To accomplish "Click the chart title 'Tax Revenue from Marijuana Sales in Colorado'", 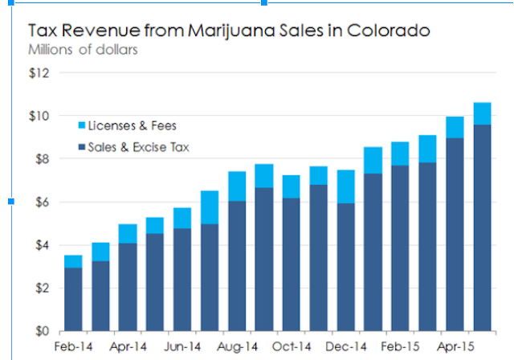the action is [229, 31].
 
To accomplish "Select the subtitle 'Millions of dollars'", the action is [83, 50].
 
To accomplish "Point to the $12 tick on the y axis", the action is [39, 73].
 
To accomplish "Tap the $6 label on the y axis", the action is [43, 202].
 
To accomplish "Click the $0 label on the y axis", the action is [43, 331].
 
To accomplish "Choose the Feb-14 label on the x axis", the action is [73, 346].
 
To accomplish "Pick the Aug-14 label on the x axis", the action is [238, 346].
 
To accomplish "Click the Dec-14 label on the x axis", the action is [346, 346].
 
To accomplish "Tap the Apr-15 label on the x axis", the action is [455, 346].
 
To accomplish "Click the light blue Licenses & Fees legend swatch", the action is [82, 125].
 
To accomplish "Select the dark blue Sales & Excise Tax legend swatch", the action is [82, 146].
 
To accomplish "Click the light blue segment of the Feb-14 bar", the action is [73, 262].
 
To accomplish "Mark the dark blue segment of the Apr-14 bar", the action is [128, 287].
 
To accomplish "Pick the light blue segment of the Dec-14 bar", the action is [346, 186].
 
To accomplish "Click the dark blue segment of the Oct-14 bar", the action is [291, 264].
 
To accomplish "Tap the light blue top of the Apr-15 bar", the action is [455, 127].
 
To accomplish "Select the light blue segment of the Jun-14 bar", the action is [182, 218].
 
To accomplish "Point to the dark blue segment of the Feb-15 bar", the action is [400, 248].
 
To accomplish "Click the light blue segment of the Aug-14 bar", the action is [237, 186].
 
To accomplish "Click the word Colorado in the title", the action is [389, 31].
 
